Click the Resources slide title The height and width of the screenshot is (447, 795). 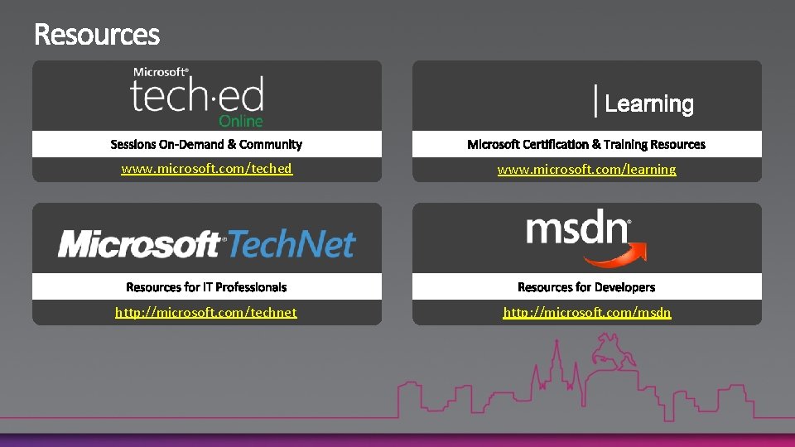tap(97, 35)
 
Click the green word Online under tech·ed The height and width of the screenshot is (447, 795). tap(241, 121)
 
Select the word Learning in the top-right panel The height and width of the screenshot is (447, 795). tap(648, 104)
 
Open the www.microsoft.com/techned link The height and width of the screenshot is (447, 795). tap(206, 169)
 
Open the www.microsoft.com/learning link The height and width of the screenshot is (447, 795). tap(586, 170)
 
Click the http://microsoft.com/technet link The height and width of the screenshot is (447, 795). tap(206, 312)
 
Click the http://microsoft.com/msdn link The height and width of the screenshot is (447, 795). tap(587, 312)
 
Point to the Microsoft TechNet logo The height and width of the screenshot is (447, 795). tap(206, 244)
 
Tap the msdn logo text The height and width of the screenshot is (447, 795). tap(577, 228)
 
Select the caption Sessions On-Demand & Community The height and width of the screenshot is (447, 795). tap(206, 145)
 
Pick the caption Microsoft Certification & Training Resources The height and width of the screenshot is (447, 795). tap(586, 145)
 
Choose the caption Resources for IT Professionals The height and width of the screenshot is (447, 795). tap(206, 287)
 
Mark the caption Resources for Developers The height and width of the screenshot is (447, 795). tap(586, 287)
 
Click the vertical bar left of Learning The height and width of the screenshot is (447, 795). tap(595, 101)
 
